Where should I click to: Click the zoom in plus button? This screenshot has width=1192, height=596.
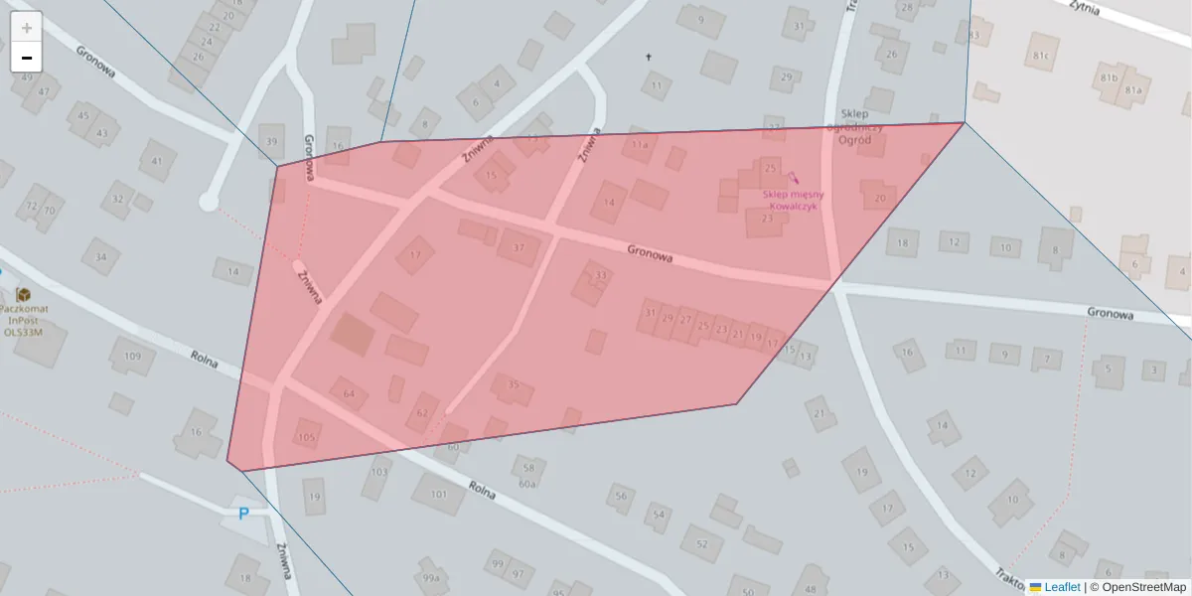[27, 27]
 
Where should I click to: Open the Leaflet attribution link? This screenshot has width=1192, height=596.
[1061, 587]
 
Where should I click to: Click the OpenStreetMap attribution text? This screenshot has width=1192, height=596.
[1143, 587]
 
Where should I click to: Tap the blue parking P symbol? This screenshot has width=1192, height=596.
[243, 514]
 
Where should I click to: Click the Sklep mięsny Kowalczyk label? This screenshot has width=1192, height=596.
[793, 200]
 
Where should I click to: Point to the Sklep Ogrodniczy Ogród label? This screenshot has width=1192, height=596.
[854, 126]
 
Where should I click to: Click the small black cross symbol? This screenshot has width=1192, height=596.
[651, 57]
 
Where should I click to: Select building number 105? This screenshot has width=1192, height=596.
[307, 437]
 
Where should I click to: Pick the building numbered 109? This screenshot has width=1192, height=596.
[132, 356]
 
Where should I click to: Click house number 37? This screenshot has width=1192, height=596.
[518, 246]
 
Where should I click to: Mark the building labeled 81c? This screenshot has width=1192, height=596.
[1041, 56]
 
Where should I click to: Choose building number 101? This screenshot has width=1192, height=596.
[438, 493]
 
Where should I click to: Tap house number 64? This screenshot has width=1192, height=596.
[349, 394]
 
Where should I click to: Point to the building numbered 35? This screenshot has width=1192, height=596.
[513, 385]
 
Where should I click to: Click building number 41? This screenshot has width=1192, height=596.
[157, 161]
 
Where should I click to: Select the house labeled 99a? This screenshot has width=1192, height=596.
[430, 577]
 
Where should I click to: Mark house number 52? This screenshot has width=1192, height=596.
[701, 543]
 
